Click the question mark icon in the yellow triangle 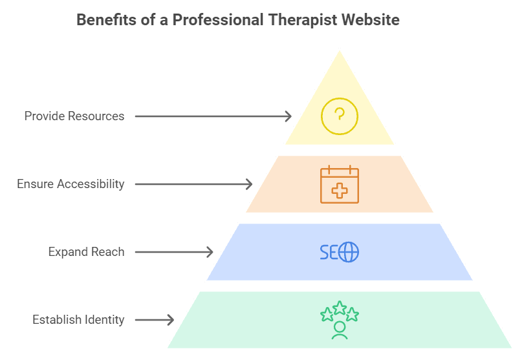tap(340, 116)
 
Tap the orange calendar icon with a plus tap(340, 184)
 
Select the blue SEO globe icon tap(340, 252)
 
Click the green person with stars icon tap(340, 320)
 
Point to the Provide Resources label tap(74, 116)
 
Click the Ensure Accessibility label tap(71, 184)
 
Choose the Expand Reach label tap(86, 252)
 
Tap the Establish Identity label tap(78, 320)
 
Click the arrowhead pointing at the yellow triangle tap(289, 116)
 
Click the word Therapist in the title tap(303, 20)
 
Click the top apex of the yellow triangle tap(340, 49)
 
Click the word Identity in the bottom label tap(104, 320)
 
